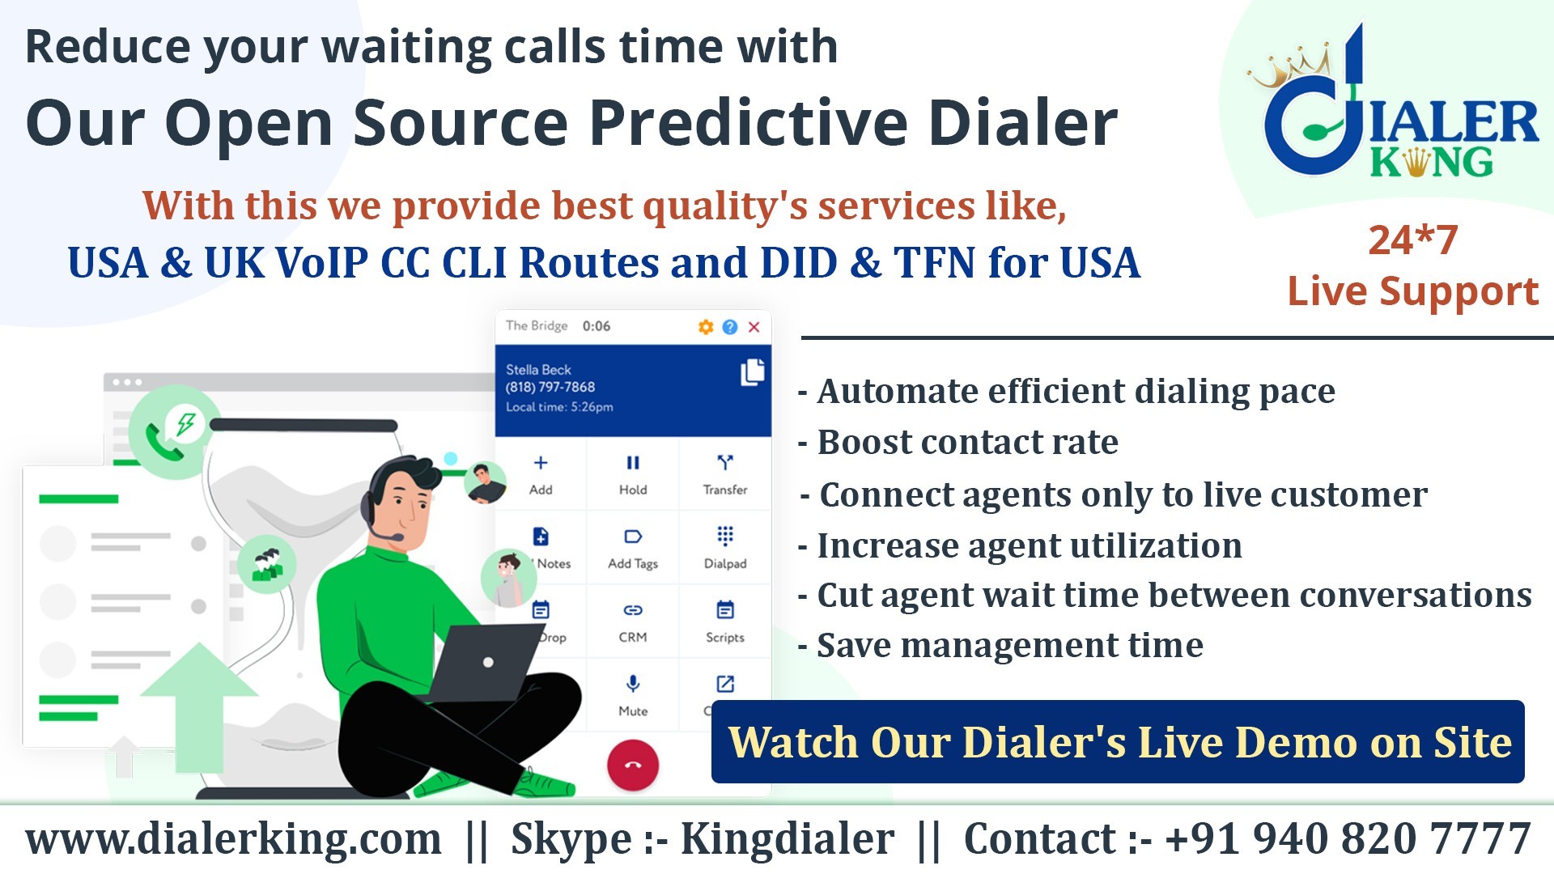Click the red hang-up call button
coord(633,765)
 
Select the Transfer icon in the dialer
coord(725,463)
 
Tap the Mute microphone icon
coord(633,684)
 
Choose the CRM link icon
coord(633,610)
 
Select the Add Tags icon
coord(633,537)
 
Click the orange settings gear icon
coord(706,327)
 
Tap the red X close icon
coord(754,327)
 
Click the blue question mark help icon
coord(730,327)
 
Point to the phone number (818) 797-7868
coord(550,388)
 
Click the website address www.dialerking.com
coord(234,838)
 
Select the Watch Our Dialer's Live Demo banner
coord(1118,742)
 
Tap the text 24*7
coord(1413,240)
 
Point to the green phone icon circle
coord(174,433)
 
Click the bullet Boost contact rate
coord(958,443)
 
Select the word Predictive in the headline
coord(749,123)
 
